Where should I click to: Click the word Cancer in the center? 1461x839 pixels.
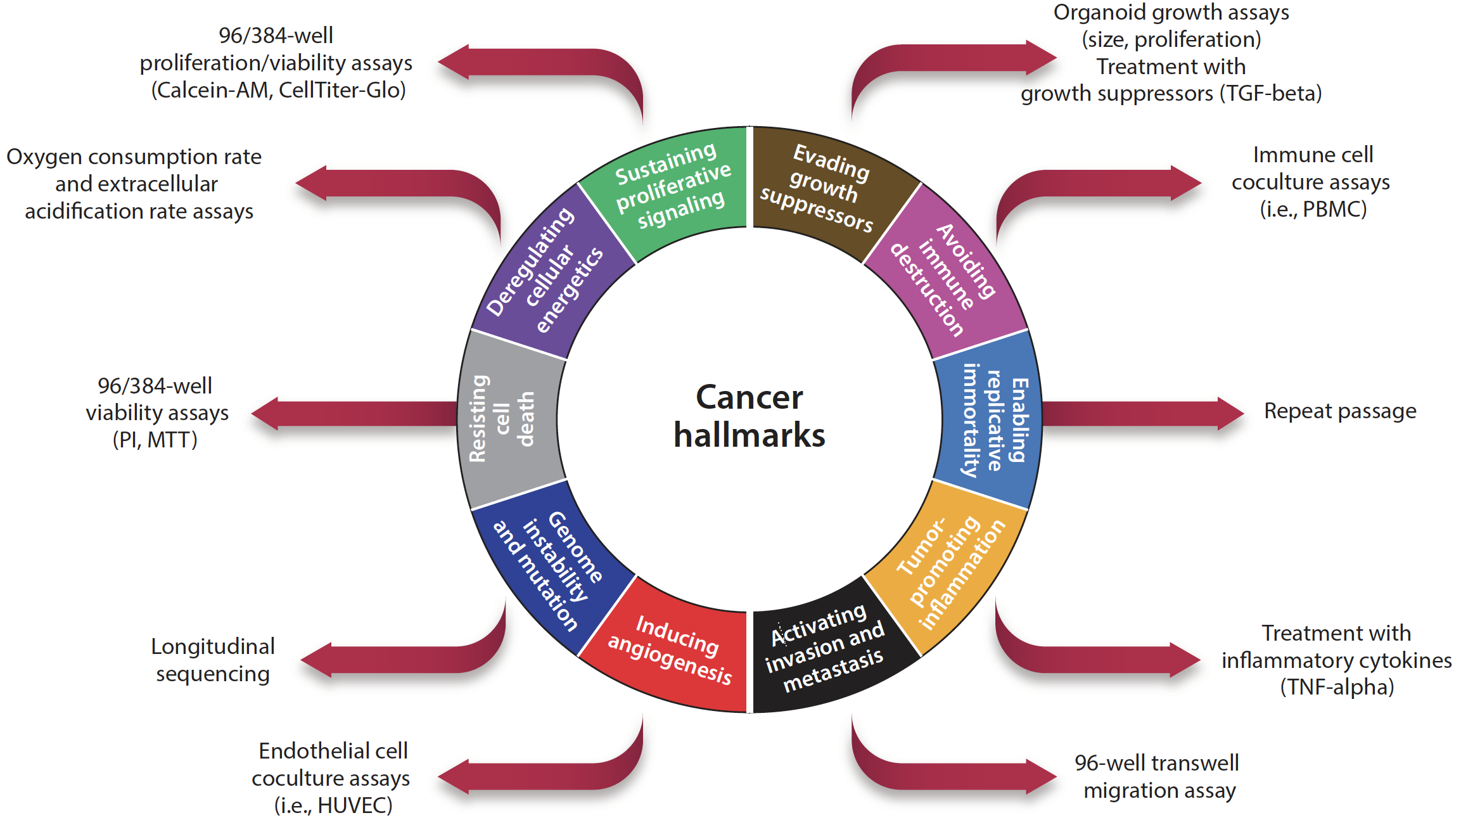[x=749, y=398]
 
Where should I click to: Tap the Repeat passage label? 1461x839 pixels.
[x=1339, y=411]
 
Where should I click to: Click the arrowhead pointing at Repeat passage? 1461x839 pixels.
[x=1230, y=413]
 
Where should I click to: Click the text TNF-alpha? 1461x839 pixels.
[x=1337, y=687]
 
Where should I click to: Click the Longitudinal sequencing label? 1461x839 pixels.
[x=213, y=660]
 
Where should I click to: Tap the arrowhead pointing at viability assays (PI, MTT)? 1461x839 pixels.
[x=266, y=414]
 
